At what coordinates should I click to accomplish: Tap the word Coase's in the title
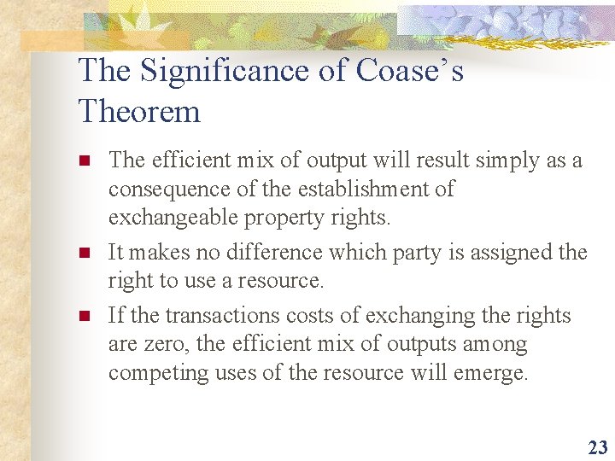click(x=409, y=71)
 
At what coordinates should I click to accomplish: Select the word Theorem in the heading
click(x=139, y=111)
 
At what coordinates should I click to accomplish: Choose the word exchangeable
click(x=173, y=218)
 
